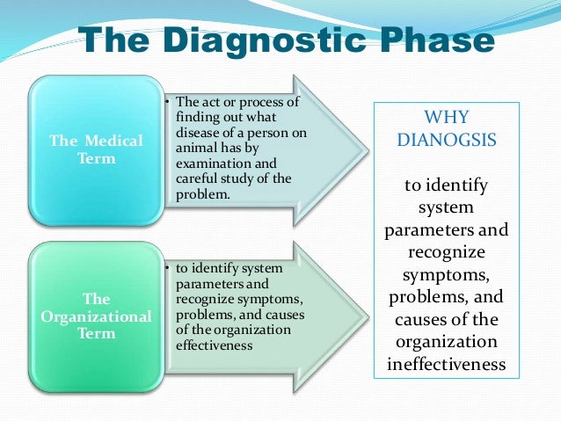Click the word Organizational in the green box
click(96, 316)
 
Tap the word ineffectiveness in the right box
click(446, 363)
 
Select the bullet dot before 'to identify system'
click(167, 267)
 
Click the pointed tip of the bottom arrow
click(367, 309)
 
